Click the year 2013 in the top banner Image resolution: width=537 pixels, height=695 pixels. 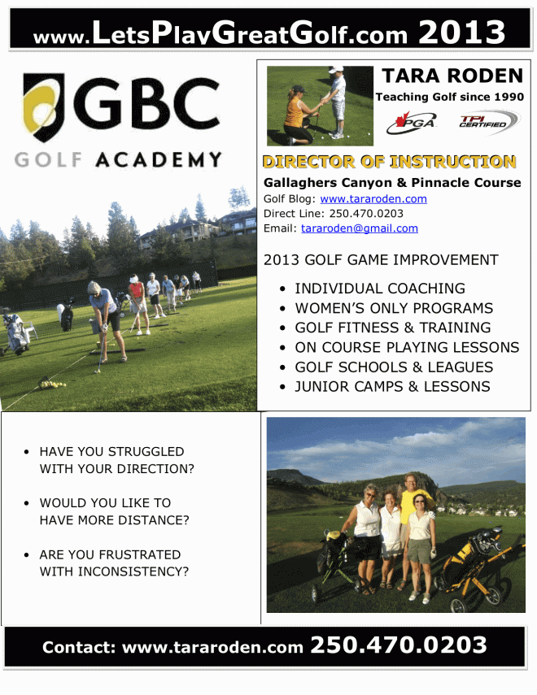[x=461, y=33]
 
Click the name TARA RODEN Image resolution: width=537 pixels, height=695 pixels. [x=452, y=76]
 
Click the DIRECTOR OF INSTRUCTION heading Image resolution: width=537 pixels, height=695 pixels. [x=389, y=162]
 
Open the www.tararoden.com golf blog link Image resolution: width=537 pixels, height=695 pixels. [x=373, y=198]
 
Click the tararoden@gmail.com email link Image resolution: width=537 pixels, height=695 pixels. [x=359, y=228]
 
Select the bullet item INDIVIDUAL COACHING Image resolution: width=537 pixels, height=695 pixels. [x=379, y=289]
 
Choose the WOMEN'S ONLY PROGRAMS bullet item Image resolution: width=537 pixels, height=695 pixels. [x=393, y=308]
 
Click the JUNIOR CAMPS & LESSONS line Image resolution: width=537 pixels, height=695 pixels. [x=392, y=386]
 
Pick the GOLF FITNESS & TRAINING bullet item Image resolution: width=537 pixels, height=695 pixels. [x=392, y=328]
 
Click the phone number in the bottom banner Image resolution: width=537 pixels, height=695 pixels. [x=399, y=645]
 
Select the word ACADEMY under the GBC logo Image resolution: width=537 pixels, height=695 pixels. [x=158, y=159]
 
